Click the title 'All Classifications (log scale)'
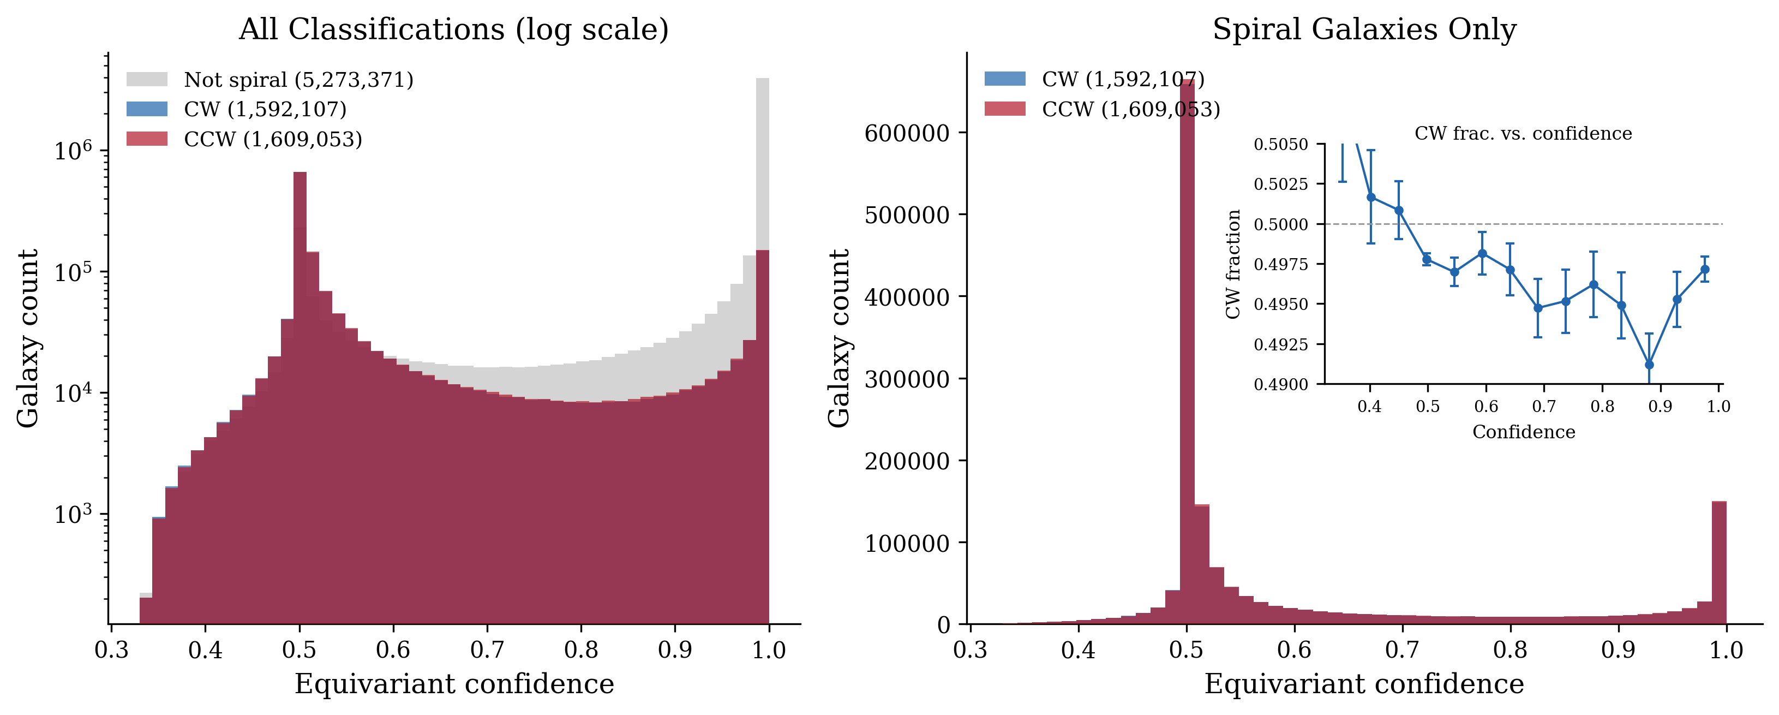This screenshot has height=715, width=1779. pyautogui.click(x=454, y=29)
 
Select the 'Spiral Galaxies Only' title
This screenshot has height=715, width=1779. pyautogui.click(x=1364, y=29)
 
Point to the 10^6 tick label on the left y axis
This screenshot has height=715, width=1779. pyautogui.click(x=73, y=151)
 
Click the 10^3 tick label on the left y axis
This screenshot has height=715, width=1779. pyautogui.click(x=73, y=515)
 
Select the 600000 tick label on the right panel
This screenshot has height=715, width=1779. pyautogui.click(x=907, y=133)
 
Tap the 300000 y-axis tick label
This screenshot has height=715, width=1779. pyautogui.click(x=907, y=379)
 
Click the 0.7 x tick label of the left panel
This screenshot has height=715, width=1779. pyautogui.click(x=487, y=650)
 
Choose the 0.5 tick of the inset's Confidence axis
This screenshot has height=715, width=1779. pyautogui.click(x=1428, y=406)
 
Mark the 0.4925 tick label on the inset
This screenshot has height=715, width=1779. pyautogui.click(x=1280, y=344)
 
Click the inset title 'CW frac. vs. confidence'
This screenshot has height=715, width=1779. pyautogui.click(x=1523, y=133)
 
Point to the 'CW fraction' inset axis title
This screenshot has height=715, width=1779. pyautogui.click(x=1233, y=264)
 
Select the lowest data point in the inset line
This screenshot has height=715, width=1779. pyautogui.click(x=1649, y=365)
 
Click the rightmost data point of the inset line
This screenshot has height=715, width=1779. pyautogui.click(x=1704, y=270)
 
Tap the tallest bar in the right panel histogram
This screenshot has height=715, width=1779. pyautogui.click(x=1187, y=345)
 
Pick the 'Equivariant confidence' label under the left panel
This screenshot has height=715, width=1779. pyautogui.click(x=454, y=684)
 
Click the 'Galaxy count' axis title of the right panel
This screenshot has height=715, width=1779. pyautogui.click(x=839, y=338)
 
